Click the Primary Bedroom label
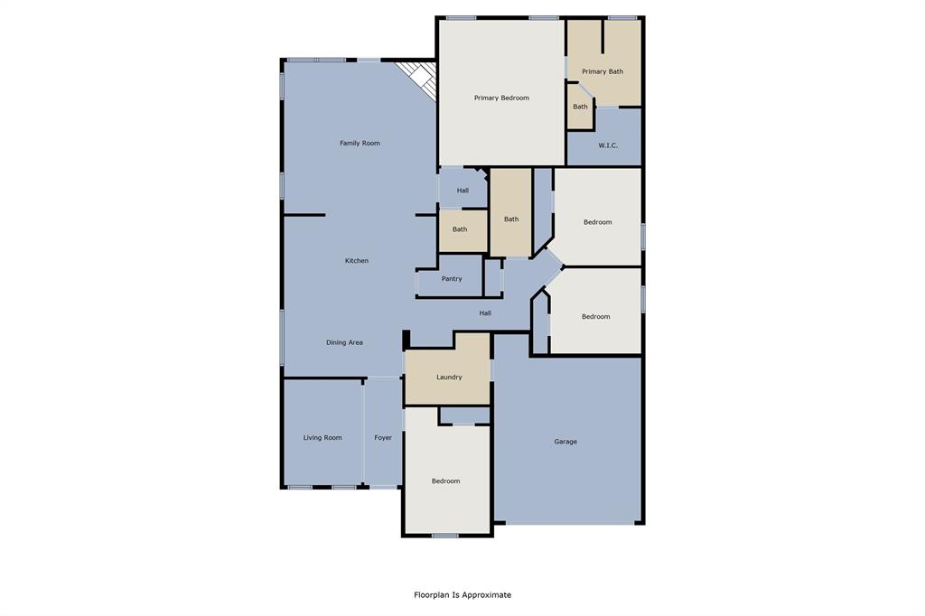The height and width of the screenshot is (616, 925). [501, 98]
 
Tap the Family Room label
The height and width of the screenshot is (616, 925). [360, 143]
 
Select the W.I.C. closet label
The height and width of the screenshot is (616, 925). [608, 145]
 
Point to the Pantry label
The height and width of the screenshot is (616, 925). [452, 279]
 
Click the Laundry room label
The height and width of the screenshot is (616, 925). [449, 377]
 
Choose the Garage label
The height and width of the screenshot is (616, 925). [565, 442]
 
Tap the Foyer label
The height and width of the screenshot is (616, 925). [383, 438]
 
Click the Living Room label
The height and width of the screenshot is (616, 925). [322, 438]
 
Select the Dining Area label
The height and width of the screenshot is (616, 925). [344, 342]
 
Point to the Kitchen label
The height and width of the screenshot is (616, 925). [357, 261]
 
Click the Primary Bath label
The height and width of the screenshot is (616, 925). [603, 71]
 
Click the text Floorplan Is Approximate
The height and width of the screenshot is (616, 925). [462, 595]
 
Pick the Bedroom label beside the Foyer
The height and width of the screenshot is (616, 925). [445, 481]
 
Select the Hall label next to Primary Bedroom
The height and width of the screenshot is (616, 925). [462, 191]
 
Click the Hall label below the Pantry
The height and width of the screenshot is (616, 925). [485, 313]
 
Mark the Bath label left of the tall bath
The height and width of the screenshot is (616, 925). [460, 229]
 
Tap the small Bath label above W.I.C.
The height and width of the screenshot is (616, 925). [580, 107]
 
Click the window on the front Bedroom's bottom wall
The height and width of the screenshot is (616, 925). [444, 536]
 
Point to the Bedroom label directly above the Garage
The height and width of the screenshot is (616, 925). [595, 317]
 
